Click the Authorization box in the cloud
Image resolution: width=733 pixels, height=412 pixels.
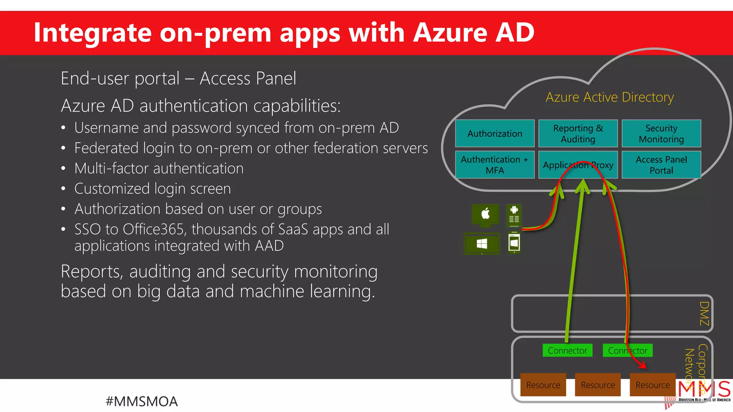(495, 133)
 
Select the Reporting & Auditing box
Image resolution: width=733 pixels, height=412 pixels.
(578, 133)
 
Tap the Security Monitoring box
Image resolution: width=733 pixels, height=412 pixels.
(661, 133)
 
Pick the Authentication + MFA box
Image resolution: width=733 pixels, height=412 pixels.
(495, 165)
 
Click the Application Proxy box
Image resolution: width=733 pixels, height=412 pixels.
(578, 165)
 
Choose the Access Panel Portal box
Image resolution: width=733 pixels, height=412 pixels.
(661, 165)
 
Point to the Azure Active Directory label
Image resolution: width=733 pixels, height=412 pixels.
(610, 97)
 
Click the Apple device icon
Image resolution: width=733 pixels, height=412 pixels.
(485, 215)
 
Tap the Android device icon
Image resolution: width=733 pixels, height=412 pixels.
(514, 215)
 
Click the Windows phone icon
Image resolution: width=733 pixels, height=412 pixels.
(514, 243)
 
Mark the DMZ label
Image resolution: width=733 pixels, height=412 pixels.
(704, 313)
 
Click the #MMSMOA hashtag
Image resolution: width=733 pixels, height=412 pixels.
(142, 401)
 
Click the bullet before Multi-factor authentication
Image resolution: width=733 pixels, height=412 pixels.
(63, 169)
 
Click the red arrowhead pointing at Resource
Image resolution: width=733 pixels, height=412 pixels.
(643, 366)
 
